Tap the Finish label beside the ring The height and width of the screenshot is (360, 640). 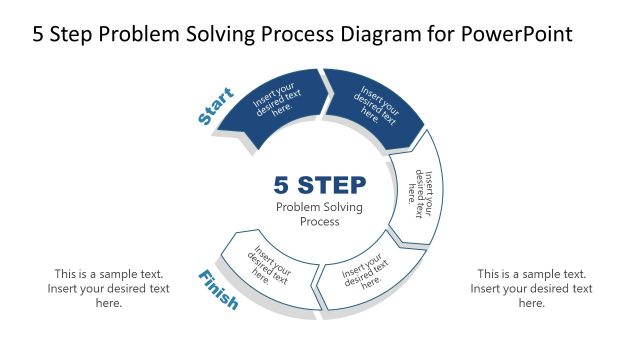[218, 290]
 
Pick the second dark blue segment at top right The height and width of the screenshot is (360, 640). [372, 105]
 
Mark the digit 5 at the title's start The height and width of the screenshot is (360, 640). [39, 34]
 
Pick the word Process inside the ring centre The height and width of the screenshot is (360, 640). [320, 221]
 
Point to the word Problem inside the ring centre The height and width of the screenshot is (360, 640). [298, 207]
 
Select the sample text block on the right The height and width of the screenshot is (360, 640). [531, 288]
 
